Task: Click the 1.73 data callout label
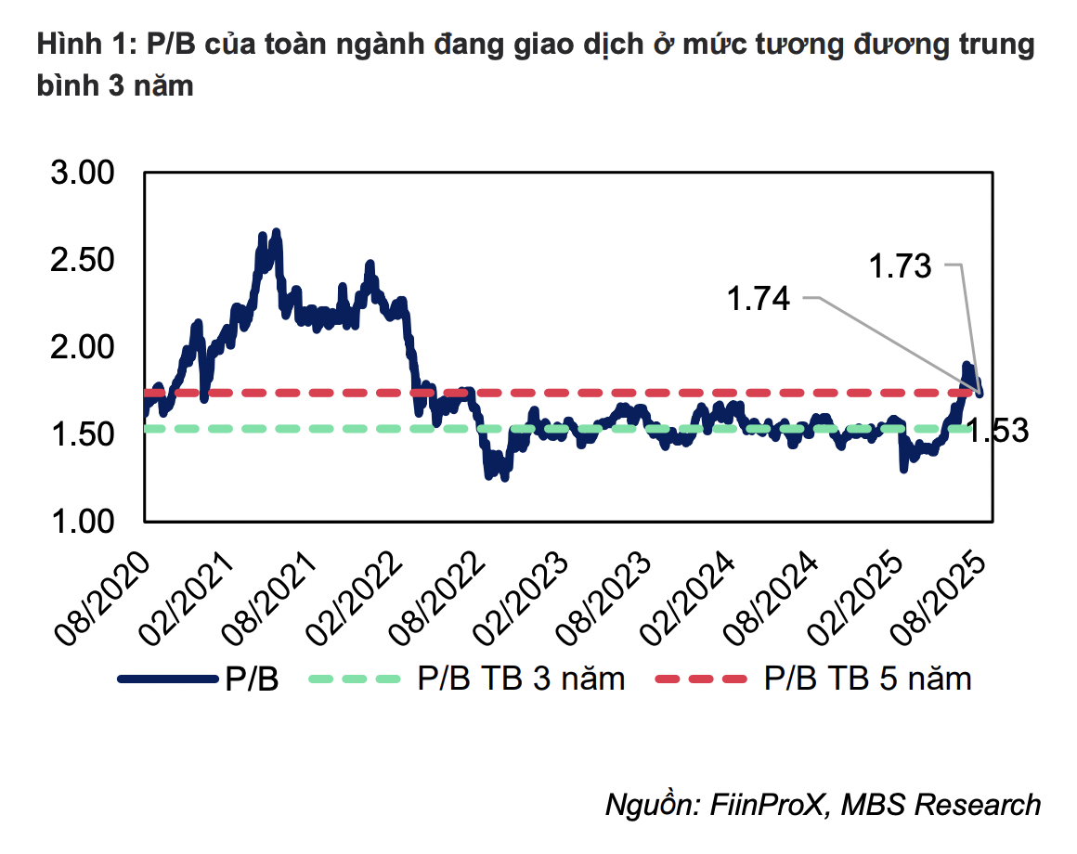tap(899, 267)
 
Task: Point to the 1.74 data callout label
tap(758, 299)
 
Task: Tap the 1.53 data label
tap(997, 432)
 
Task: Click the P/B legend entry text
tap(252, 679)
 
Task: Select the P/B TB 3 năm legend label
tap(521, 679)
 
